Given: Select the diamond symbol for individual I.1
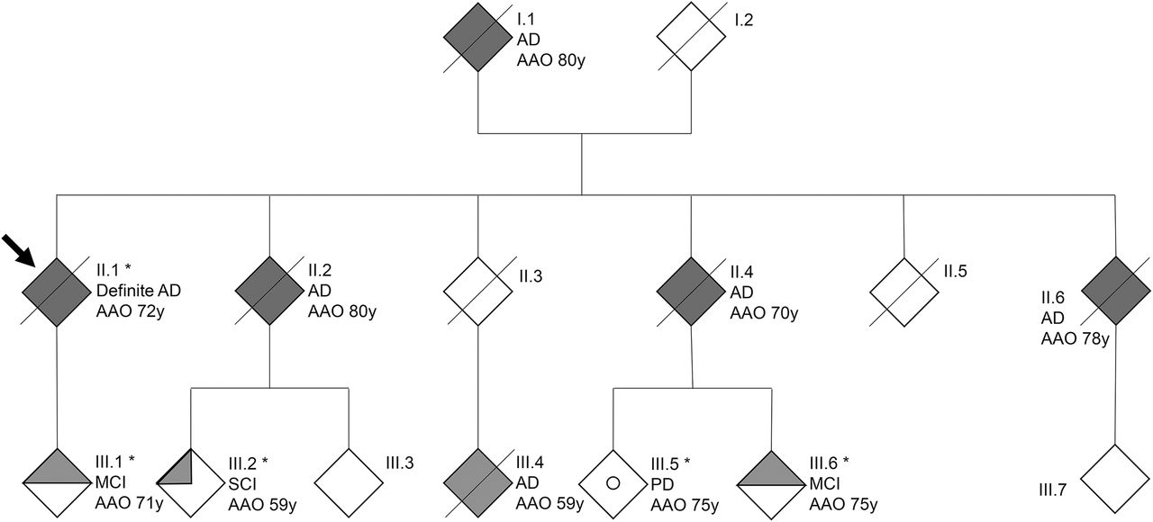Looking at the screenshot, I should pos(478,37).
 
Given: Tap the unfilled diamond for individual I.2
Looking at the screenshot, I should pos(691,37).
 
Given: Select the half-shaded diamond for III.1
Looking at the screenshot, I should pos(57,482).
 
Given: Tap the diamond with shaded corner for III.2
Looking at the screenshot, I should pos(191,482).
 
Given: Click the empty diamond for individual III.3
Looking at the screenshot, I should pos(348,482).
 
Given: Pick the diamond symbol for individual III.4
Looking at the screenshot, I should pos(478,482).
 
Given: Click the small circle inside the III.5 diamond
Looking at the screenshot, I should pos(613,482).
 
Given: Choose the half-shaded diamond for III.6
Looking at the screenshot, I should pos(771,482).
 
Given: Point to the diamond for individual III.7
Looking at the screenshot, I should pos(1116,478).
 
